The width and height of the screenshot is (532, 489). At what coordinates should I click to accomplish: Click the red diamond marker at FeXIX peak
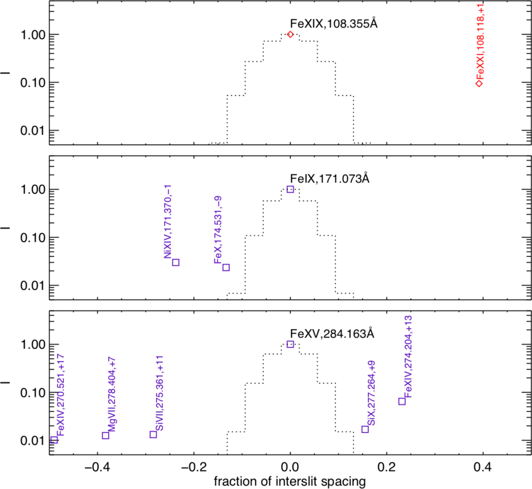tap(290, 34)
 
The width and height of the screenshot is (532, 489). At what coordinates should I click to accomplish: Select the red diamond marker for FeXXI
tap(479, 83)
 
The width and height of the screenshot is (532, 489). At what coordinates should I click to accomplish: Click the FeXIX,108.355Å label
tap(333, 24)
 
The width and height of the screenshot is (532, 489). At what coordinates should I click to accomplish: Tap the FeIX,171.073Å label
tap(329, 178)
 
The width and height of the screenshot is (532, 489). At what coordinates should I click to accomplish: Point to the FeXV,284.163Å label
tap(332, 334)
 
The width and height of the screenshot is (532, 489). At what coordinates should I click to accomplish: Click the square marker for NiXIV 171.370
tap(176, 262)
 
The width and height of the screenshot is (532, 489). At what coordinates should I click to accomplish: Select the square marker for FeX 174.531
tap(226, 268)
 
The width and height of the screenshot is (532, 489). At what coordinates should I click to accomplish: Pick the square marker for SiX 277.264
tap(365, 429)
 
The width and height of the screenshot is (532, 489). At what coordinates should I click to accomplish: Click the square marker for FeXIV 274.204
tap(402, 401)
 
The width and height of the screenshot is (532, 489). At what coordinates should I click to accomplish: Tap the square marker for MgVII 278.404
tap(105, 435)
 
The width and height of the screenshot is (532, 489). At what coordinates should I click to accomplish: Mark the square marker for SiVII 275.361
tap(153, 434)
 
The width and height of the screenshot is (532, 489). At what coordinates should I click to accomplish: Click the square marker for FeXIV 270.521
tap(54, 440)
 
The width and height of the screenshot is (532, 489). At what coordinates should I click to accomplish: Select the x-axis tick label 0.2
tap(386, 467)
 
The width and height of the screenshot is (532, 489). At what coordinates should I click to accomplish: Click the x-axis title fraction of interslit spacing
tap(290, 482)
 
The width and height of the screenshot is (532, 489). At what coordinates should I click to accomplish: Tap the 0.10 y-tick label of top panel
tap(33, 83)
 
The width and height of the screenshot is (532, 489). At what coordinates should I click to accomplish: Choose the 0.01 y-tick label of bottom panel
tap(33, 441)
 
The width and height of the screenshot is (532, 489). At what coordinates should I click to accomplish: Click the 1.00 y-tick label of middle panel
tap(33, 190)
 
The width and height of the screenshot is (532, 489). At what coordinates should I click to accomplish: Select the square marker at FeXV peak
tap(290, 344)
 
